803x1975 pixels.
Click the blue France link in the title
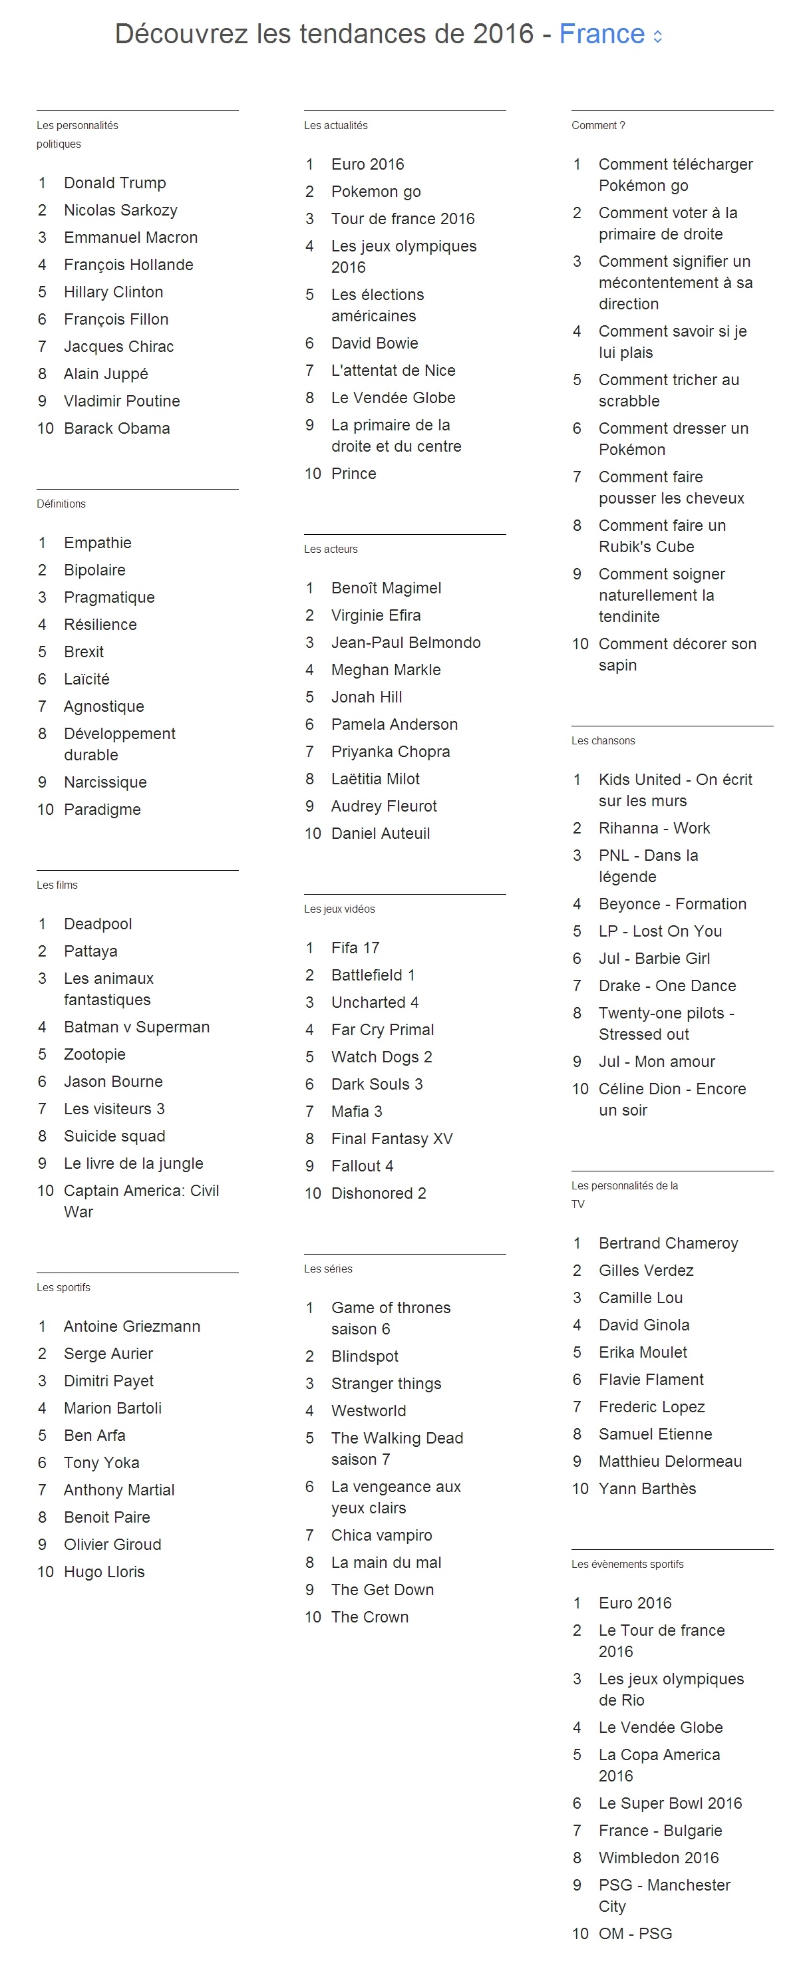601,35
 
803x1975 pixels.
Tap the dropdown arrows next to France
657,36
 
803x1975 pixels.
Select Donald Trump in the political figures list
114,182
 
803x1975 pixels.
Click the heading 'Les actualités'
335,125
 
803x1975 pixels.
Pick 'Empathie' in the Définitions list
97,543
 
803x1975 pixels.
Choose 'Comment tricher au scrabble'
668,390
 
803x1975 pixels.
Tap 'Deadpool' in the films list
97,924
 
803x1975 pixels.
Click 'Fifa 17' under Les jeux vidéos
355,948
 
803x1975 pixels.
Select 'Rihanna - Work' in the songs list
654,828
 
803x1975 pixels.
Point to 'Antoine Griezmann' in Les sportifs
132,1326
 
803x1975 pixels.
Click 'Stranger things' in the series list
386,1383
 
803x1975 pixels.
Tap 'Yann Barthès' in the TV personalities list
647,1488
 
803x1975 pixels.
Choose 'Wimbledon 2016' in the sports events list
659,1857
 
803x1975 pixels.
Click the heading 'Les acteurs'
331,549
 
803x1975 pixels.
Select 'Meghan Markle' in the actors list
386,669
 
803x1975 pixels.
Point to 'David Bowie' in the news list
375,343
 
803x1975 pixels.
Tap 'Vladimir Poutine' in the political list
122,401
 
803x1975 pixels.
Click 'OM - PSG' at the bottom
635,1933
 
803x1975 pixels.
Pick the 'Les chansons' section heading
603,740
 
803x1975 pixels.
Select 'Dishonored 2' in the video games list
378,1193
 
